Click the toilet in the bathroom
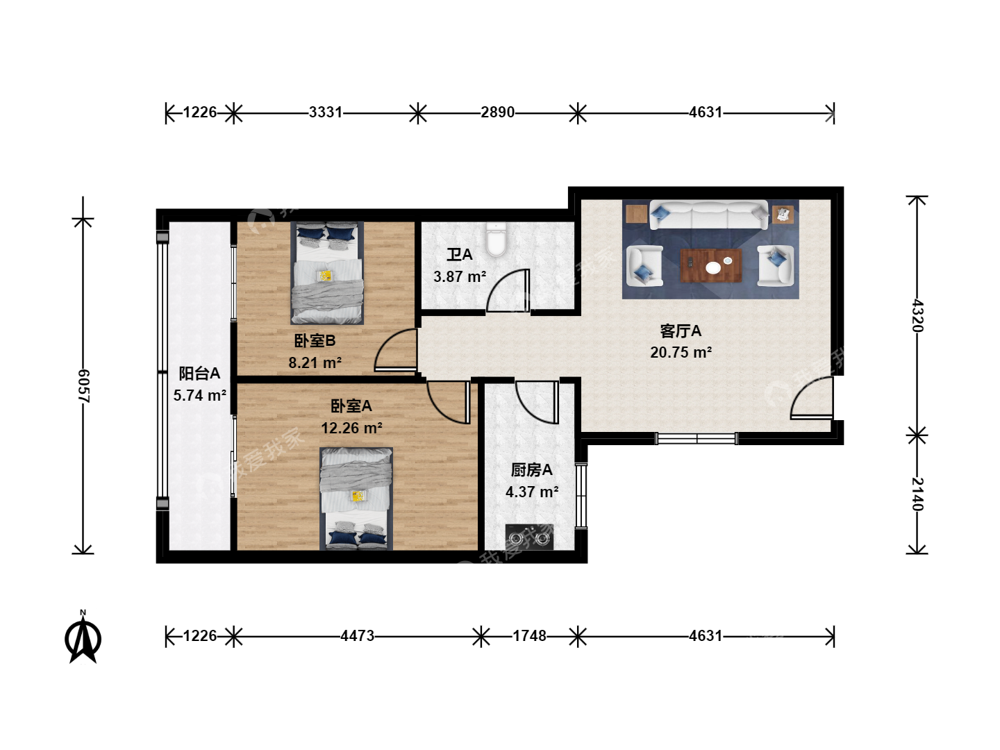click(x=496, y=240)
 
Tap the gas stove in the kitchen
click(x=529, y=537)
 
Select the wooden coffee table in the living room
click(x=710, y=265)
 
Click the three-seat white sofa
click(x=708, y=215)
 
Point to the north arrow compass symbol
click(x=83, y=637)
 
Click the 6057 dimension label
click(x=83, y=386)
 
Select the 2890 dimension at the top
click(x=497, y=112)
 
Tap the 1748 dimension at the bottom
click(x=529, y=635)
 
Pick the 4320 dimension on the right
click(x=917, y=315)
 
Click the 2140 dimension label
click(x=917, y=494)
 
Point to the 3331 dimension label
click(x=325, y=112)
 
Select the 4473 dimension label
click(x=357, y=635)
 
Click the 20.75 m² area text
click(x=681, y=353)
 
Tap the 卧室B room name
click(x=315, y=340)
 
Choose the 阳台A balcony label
click(x=199, y=374)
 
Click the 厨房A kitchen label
click(x=532, y=470)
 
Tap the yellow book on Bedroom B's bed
click(x=326, y=276)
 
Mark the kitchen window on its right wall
click(x=581, y=495)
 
